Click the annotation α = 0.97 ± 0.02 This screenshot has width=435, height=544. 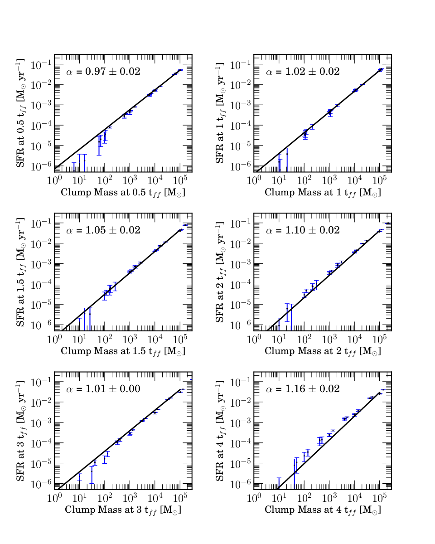click(x=103, y=72)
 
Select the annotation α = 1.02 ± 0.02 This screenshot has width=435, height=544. click(x=303, y=72)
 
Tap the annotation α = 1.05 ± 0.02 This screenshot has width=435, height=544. click(x=103, y=230)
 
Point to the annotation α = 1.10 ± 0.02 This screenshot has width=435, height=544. click(x=303, y=230)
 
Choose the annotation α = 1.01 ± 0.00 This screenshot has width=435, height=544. click(x=103, y=389)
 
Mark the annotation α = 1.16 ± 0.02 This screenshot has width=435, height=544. click(x=303, y=389)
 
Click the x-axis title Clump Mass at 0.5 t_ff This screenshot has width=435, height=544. click(x=123, y=193)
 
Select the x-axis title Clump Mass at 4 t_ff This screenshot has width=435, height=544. click(x=323, y=510)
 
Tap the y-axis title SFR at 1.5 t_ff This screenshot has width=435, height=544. click(x=20, y=272)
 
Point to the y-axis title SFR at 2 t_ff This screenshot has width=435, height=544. click(x=220, y=272)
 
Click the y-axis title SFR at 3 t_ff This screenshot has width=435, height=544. click(x=20, y=431)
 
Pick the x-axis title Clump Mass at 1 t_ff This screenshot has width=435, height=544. click(x=323, y=193)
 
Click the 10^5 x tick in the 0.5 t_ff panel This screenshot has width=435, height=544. click(x=180, y=180)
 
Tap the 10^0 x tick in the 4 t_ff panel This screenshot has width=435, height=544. click(x=253, y=497)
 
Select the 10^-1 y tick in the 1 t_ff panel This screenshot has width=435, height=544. click(x=239, y=65)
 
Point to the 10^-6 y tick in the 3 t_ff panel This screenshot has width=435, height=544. click(x=40, y=484)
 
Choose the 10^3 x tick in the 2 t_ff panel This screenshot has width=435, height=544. click(x=329, y=339)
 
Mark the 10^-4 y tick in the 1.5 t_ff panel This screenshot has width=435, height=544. click(x=40, y=284)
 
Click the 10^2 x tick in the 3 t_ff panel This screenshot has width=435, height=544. click(x=104, y=497)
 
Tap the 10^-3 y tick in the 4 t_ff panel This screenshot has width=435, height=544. click(x=239, y=423)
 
